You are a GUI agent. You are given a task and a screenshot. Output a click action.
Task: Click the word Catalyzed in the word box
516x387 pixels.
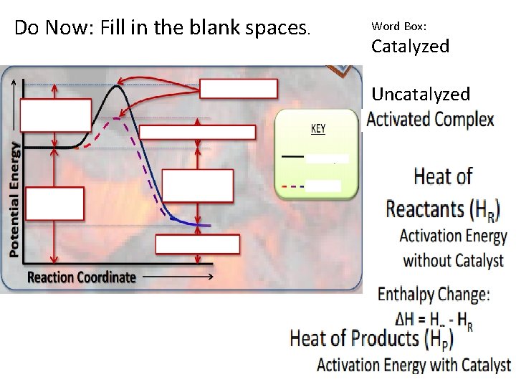pos(410,47)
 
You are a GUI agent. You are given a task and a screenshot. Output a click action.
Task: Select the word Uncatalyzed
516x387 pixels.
pos(421,94)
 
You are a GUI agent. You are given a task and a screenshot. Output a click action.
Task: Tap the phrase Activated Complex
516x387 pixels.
pos(430,120)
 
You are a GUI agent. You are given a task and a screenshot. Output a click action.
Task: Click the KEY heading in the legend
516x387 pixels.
pos(317,129)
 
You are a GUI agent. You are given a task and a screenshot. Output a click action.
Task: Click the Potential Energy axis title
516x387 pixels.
pos(14,199)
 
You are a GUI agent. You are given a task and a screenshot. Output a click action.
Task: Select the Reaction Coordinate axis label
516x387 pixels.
pos(81,277)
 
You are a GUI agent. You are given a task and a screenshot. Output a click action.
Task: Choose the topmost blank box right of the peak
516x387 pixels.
pos(238,88)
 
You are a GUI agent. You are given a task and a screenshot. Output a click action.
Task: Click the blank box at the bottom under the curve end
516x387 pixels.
pos(197,244)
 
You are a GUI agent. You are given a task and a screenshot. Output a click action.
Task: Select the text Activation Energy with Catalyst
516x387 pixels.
pos(414,365)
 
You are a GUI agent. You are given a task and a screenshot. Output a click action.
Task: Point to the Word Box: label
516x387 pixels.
pos(398,26)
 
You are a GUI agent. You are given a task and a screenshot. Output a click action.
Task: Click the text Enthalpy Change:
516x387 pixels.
pos(434,294)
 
